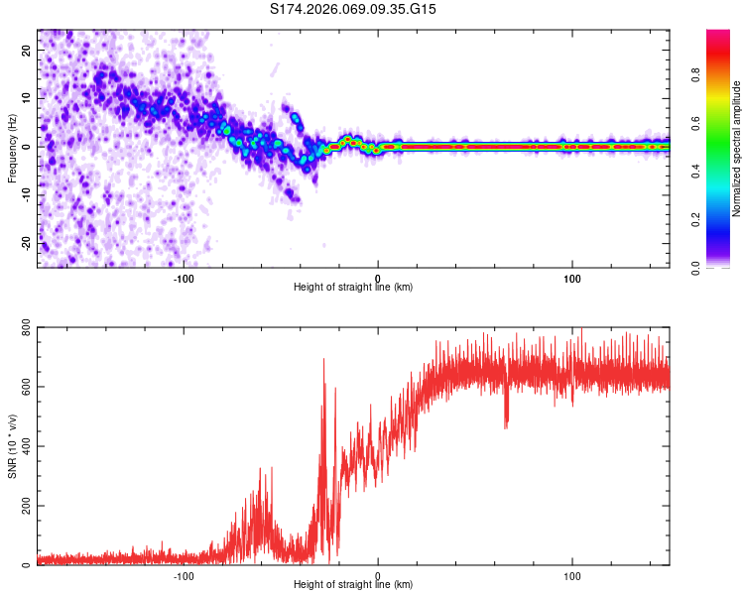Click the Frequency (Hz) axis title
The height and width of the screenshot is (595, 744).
coord(12,148)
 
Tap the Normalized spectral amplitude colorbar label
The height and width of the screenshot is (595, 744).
coord(737,149)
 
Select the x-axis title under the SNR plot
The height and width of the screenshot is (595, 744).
coord(353,585)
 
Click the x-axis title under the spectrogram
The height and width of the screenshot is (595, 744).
coord(353,287)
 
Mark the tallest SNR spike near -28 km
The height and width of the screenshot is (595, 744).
coord(323,360)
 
